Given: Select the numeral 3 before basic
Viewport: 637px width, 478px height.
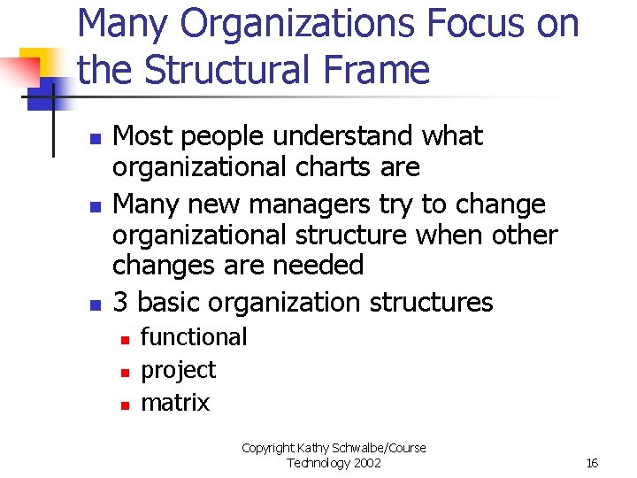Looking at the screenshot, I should (x=122, y=303).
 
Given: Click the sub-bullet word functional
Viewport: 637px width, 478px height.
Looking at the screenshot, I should (x=194, y=337).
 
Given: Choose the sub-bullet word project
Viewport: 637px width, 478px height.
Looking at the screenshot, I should (x=178, y=370).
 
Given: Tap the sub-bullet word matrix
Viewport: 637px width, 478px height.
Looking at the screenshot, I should (x=175, y=403).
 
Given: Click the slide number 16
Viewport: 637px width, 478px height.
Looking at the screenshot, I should (x=592, y=463).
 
